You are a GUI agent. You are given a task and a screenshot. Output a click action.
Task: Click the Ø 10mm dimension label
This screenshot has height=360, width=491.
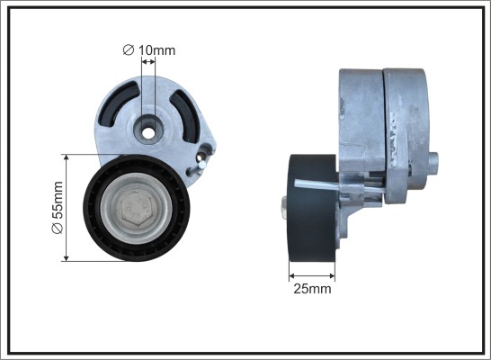point(149,50)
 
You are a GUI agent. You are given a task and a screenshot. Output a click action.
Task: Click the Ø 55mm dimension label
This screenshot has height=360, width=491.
point(58,207)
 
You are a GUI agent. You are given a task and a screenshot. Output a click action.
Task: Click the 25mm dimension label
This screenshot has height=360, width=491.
point(312,289)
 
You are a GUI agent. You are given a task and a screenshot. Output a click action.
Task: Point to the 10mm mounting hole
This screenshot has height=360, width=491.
point(147,133)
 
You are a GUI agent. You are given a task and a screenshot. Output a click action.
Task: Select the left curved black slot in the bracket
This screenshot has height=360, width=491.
point(117,104)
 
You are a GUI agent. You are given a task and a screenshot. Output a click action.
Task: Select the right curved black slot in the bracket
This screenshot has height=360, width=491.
point(185,115)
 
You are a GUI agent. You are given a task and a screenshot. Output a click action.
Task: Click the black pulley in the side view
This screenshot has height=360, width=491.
point(312,208)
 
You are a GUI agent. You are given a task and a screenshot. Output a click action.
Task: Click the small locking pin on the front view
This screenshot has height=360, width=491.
point(196,167)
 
